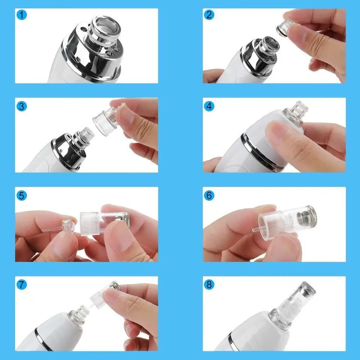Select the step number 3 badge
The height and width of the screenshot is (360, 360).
22,106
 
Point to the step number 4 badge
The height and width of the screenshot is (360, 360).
210,106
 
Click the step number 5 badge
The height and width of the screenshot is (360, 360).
22,195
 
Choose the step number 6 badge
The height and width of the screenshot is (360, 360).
210,195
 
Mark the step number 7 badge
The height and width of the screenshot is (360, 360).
22,285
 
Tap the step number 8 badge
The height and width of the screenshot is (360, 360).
210,285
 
